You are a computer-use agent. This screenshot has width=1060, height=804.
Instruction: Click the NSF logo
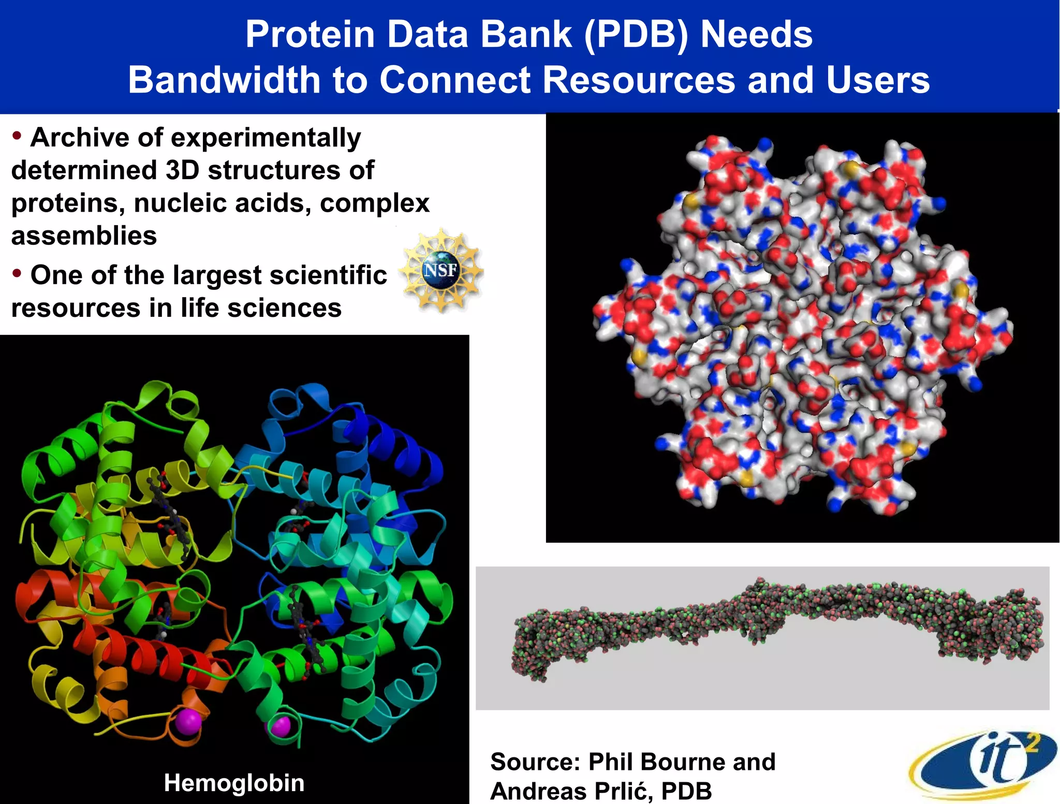441,270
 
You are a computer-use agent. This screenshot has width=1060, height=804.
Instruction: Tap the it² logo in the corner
983,764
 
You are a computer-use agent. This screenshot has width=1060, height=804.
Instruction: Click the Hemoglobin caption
234,783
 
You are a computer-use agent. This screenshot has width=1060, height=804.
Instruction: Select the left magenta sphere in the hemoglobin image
187,722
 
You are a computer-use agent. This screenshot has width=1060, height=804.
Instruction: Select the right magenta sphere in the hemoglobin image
280,727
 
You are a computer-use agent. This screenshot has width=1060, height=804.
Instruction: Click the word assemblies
84,236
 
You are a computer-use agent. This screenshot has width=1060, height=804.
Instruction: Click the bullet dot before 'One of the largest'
17,273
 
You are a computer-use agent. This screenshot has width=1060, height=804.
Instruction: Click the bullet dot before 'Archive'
17,136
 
